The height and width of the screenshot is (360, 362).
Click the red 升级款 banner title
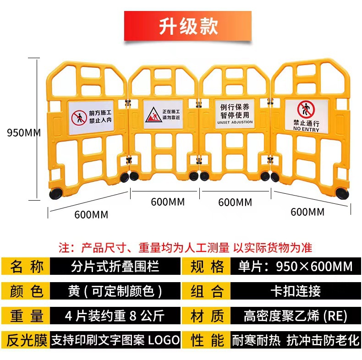[x=188, y=26]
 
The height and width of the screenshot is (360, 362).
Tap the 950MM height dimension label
[x=24, y=133]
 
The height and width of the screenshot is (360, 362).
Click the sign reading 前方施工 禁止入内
[x=91, y=117]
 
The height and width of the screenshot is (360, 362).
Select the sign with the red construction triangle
[x=163, y=114]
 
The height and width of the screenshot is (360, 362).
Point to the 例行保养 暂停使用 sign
[x=235, y=113]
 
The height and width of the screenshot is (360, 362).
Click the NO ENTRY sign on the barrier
[x=307, y=116]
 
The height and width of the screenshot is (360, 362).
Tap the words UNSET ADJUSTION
[x=235, y=122]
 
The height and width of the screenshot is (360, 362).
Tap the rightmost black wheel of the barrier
[x=342, y=193]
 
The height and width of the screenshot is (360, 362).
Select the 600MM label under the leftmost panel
[x=91, y=215]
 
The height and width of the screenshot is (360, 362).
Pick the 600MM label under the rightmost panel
[x=307, y=212]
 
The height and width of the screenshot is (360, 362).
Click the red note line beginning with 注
[x=185, y=248]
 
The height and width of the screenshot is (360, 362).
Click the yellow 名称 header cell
[x=26, y=266]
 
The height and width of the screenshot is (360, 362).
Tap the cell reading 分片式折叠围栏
[x=115, y=266]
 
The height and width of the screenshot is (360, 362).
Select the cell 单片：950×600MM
[x=295, y=266]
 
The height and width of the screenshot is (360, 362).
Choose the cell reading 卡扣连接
[x=295, y=291]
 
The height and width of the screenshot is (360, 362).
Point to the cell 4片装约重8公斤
[x=115, y=316]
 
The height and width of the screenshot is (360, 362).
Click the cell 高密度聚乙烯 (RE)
[x=295, y=316]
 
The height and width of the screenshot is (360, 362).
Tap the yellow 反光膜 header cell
[x=26, y=340]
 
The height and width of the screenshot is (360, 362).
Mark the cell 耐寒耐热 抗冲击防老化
[x=295, y=340]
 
